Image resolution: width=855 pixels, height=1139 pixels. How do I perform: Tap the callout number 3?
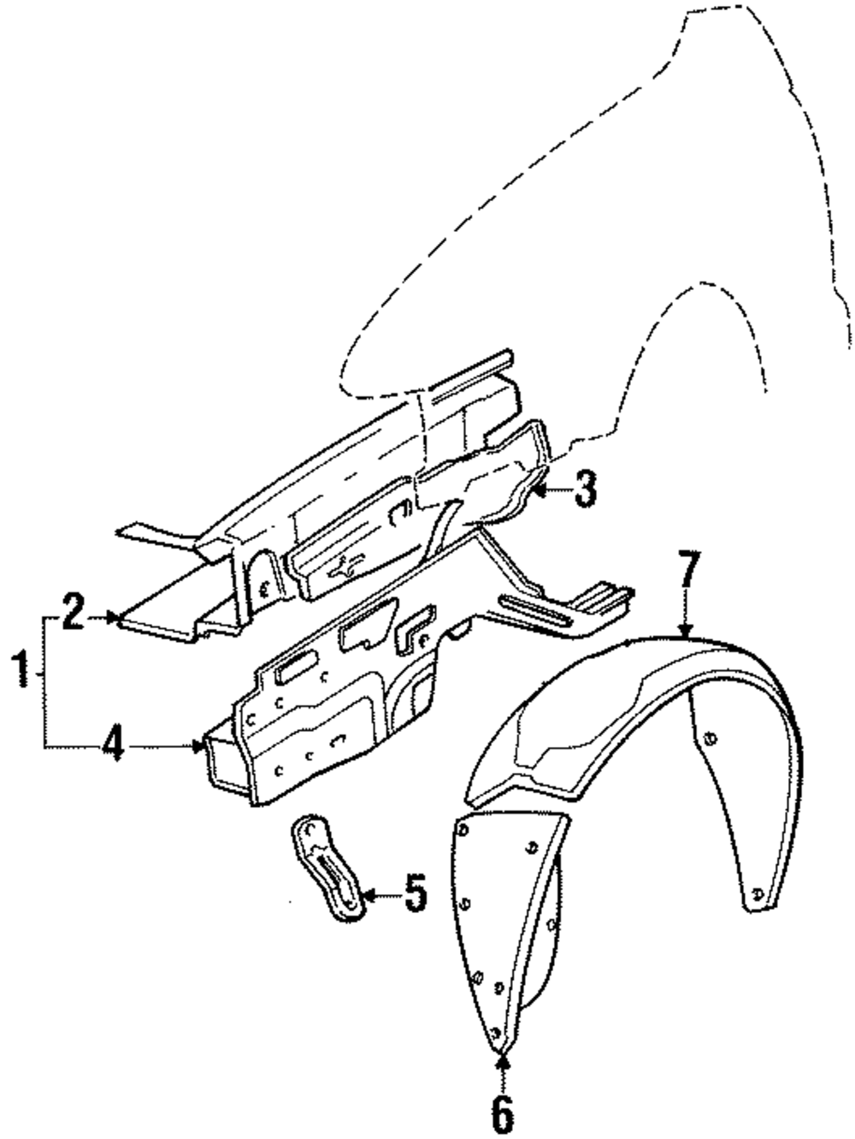pos(584,490)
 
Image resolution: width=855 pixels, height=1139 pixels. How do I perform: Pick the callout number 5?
pos(416,895)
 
